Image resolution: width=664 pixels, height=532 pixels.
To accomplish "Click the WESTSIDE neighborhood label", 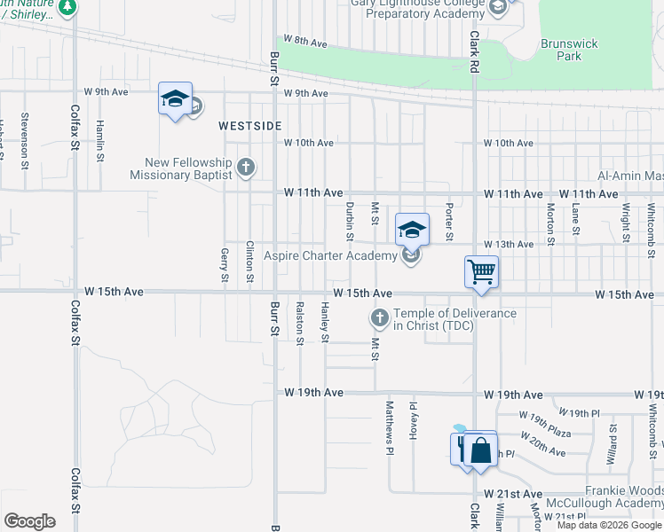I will (x=250, y=127).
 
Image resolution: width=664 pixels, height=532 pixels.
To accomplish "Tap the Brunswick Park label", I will (x=569, y=50).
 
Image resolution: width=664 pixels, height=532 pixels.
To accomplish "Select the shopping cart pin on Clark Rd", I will (x=481, y=272).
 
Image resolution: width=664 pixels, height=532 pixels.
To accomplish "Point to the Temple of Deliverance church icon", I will (x=380, y=317).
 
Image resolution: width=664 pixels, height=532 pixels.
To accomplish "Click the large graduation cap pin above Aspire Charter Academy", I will (x=412, y=231).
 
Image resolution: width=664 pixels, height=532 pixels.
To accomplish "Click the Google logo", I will (x=29, y=520).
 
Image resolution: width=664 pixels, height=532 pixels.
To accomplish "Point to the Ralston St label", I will (x=300, y=324).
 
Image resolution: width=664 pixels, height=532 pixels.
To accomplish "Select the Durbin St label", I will (x=350, y=221).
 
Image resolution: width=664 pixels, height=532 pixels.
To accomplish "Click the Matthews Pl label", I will (x=389, y=427).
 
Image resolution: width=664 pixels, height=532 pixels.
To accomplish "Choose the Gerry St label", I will (x=224, y=266).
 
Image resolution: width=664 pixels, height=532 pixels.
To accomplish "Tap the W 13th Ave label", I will (x=509, y=244).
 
